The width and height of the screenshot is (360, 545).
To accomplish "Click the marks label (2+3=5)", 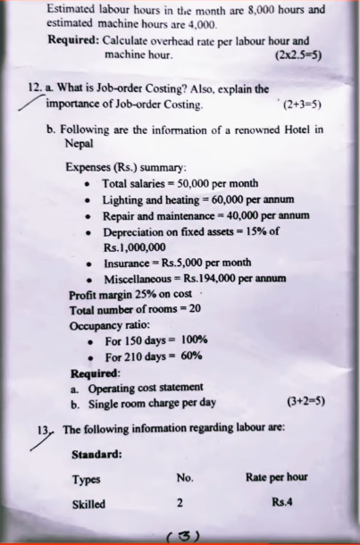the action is (x=301, y=105).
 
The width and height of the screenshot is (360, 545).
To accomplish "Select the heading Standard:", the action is (x=98, y=452).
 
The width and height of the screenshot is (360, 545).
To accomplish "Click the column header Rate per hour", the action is (x=276, y=477).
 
